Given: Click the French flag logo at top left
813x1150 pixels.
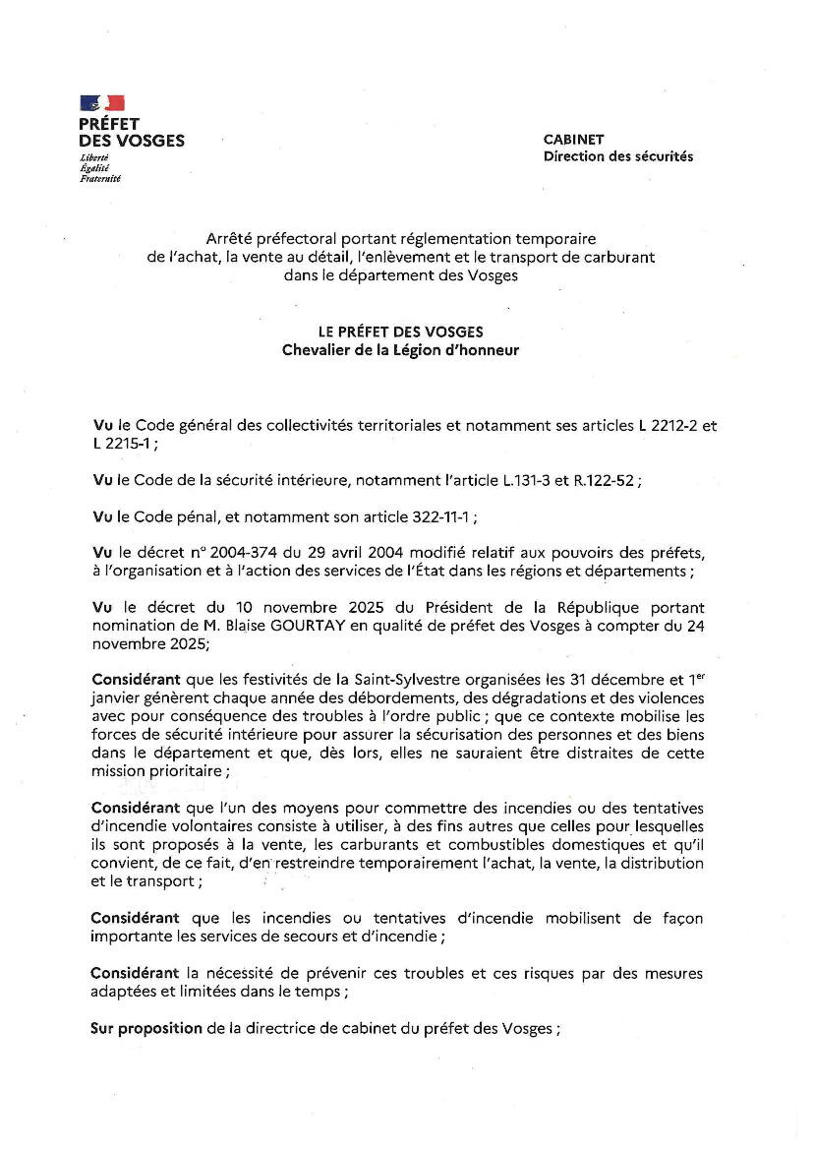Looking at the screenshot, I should click(102, 102).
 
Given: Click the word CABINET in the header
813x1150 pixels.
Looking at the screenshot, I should click(574, 140).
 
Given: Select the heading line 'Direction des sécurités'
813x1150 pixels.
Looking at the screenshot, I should click(617, 156).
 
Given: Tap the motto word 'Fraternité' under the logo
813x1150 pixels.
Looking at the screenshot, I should click(100, 178).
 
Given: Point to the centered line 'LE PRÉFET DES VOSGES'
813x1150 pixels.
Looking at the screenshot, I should click(407, 333).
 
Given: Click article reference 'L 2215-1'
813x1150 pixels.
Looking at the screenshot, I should click(122, 444).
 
